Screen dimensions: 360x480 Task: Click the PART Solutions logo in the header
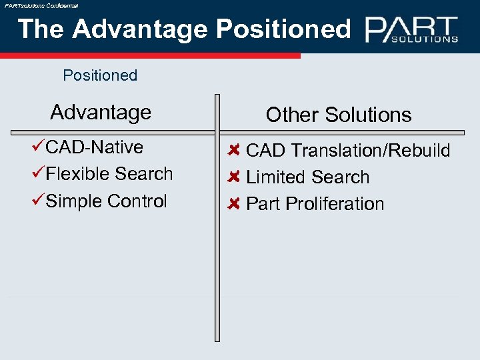tap(411, 30)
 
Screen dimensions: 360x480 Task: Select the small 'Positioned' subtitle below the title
tap(100, 75)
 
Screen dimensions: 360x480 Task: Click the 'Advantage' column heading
tap(101, 112)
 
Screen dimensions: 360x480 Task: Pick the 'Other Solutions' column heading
tap(339, 115)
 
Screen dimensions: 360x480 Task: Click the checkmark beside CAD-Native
tap(39, 147)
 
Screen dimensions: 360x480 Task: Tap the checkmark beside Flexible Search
tap(39, 174)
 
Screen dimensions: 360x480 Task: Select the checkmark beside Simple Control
tap(39, 201)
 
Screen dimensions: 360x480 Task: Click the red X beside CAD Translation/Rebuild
tap(233, 150)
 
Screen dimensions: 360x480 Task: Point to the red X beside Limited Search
tap(233, 177)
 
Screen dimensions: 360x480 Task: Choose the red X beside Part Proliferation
tap(233, 204)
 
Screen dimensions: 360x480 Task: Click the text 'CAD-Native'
tap(95, 147)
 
